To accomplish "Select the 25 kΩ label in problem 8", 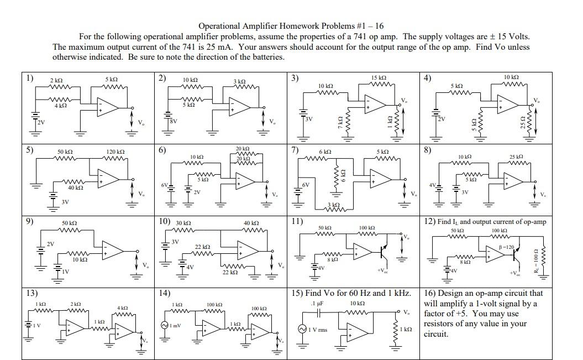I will coord(517,157).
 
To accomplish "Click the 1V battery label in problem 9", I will coord(66,272).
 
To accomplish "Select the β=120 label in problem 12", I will coord(506,246).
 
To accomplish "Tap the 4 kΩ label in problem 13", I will coord(123,308).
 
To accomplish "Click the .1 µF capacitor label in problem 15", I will coord(316,303).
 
